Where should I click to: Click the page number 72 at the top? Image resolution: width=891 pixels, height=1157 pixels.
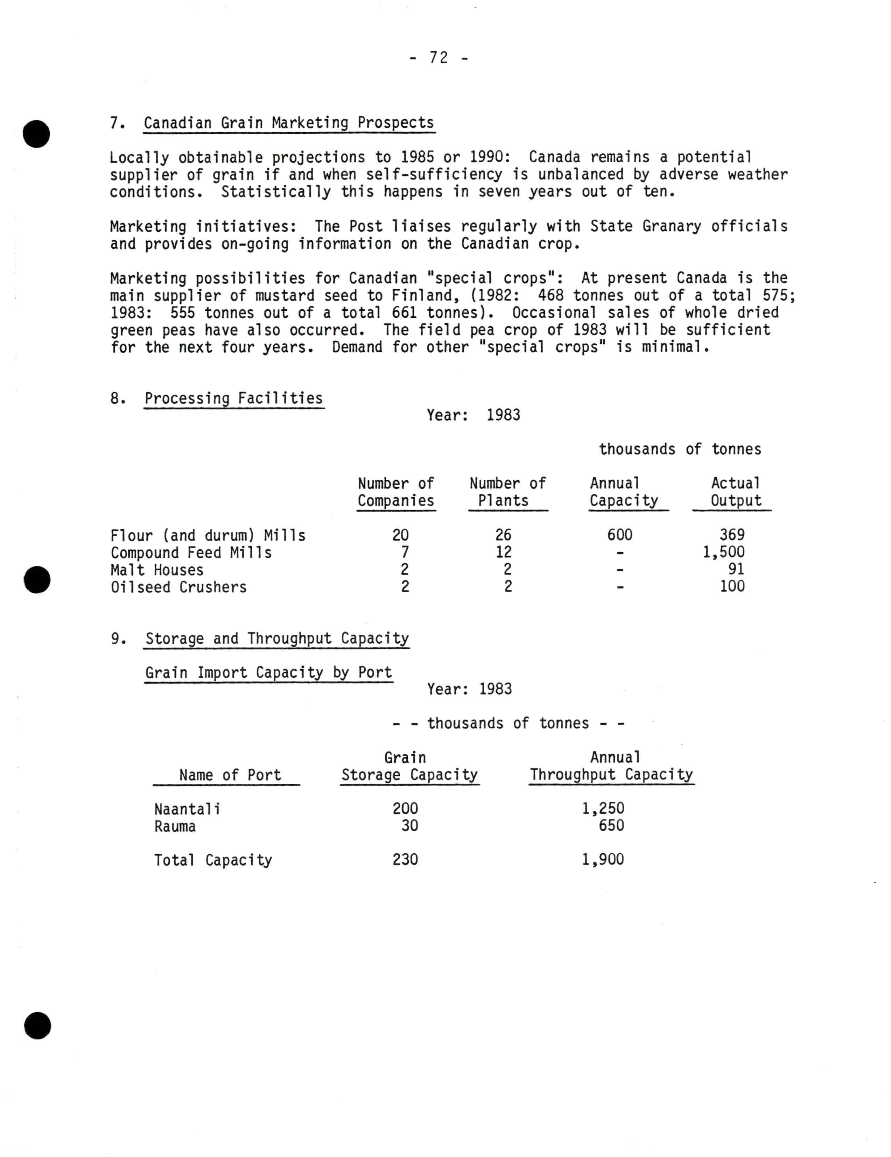439,57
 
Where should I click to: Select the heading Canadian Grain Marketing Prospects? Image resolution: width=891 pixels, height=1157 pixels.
289,123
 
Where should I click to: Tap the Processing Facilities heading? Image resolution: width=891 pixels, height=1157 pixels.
234,398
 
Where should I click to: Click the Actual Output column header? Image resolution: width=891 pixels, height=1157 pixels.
735,492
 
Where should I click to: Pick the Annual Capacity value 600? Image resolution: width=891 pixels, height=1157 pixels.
620,535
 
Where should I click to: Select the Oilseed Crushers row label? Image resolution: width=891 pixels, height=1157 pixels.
178,587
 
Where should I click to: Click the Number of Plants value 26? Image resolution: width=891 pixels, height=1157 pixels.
503,535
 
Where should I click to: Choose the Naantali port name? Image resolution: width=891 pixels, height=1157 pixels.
187,809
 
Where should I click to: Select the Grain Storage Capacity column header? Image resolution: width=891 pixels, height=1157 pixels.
409,767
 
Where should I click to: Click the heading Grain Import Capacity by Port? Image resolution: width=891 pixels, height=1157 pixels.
269,672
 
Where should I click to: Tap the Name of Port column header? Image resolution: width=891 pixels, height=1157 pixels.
230,775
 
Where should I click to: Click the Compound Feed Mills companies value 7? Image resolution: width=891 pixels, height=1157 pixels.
405,552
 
